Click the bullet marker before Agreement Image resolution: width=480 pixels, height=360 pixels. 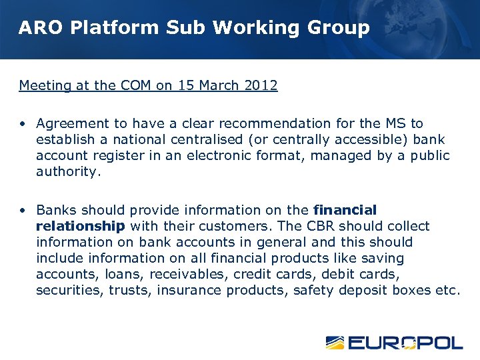pos(23,124)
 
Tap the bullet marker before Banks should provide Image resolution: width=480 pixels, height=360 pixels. pos(23,211)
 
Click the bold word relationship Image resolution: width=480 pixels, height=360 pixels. pos(80,226)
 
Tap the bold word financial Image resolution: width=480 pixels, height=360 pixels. pos(345,210)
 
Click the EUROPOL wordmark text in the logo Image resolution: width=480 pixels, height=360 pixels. pos(405,343)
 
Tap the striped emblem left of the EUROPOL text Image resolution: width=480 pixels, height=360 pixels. pos(335,343)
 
